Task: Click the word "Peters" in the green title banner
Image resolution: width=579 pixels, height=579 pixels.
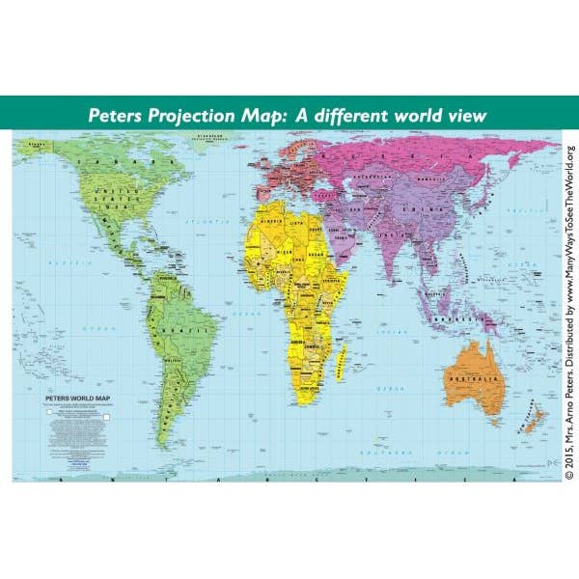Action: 117,115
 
